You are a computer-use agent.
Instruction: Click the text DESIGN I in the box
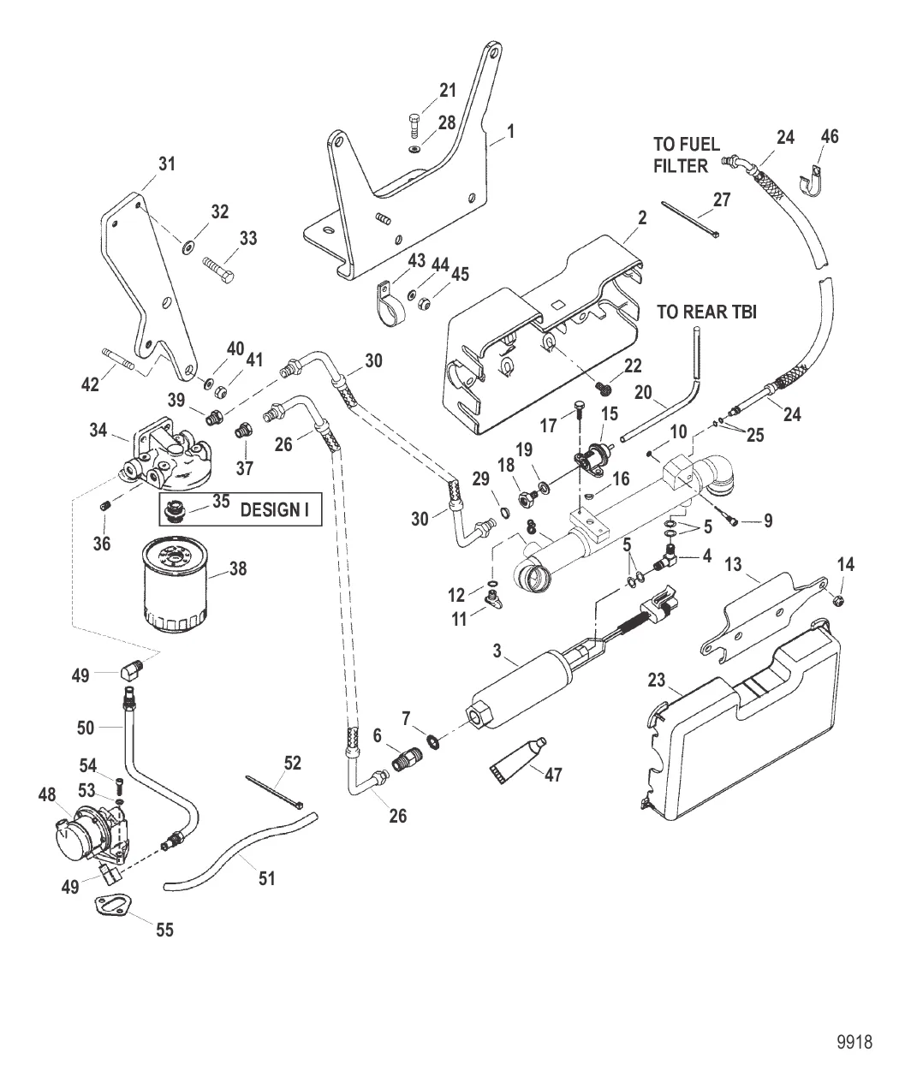[274, 510]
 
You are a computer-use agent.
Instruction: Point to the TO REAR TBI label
[706, 312]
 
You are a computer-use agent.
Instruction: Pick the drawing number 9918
[854, 1043]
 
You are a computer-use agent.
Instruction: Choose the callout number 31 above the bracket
[168, 163]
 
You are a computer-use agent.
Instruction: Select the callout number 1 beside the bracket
[510, 131]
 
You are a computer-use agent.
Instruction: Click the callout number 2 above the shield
[642, 217]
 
